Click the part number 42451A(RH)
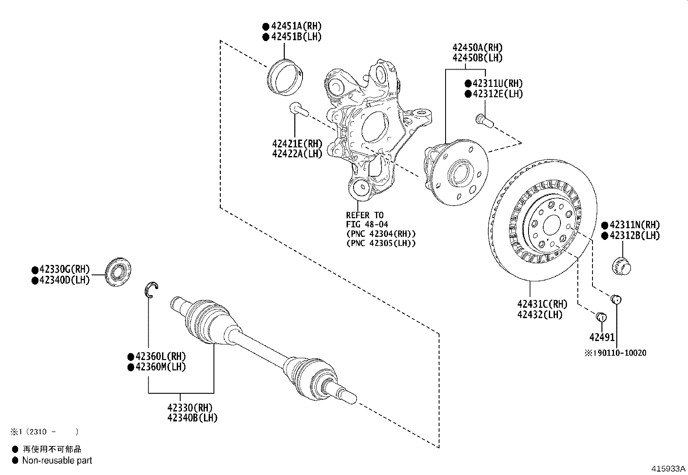click(296, 26)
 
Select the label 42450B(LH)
click(478, 58)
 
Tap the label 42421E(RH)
click(297, 143)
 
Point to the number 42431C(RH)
click(542, 304)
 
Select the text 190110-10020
click(619, 353)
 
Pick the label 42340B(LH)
click(192, 418)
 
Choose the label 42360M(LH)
click(160, 367)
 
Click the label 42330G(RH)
click(64, 269)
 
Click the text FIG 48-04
click(367, 224)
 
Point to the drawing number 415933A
click(669, 469)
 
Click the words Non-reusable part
click(57, 461)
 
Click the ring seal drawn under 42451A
click(286, 78)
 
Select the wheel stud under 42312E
click(484, 121)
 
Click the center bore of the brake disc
click(551, 225)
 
